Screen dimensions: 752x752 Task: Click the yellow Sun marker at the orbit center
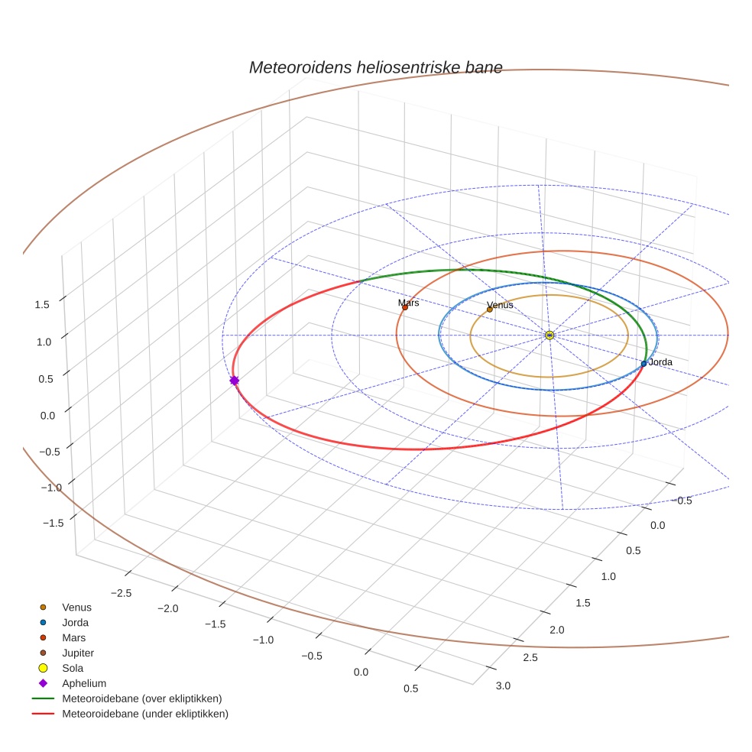tap(549, 335)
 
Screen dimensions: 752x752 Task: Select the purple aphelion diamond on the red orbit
tap(234, 380)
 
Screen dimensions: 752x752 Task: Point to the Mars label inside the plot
tap(409, 303)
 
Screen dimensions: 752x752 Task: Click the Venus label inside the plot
tap(500, 306)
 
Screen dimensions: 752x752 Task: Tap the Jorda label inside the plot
tap(660, 361)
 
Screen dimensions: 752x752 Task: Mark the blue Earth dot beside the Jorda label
tap(643, 363)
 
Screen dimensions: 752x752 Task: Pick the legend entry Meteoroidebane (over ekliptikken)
tap(141, 699)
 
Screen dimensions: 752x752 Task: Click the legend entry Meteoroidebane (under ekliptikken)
tap(144, 714)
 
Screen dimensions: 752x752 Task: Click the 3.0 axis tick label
tap(503, 686)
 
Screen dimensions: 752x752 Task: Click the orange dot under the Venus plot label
tap(490, 310)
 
